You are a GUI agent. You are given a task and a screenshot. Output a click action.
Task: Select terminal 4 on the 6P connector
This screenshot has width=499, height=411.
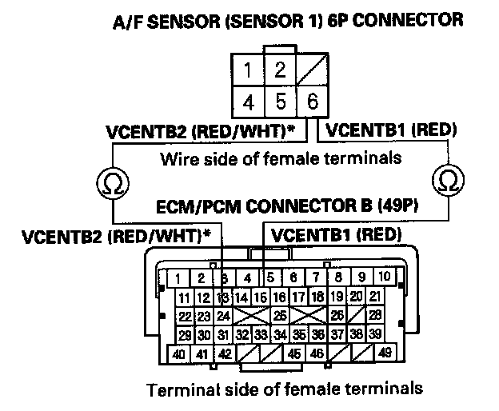click(x=249, y=101)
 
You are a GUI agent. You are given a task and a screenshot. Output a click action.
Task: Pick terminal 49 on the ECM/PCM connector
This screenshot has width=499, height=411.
click(x=384, y=353)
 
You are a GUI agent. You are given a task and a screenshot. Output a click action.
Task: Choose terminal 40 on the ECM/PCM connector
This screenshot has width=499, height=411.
click(x=179, y=353)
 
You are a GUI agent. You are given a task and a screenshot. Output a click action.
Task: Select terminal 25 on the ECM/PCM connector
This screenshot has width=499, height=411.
click(x=280, y=316)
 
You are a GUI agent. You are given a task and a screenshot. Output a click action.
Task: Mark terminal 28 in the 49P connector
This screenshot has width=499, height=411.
click(x=374, y=316)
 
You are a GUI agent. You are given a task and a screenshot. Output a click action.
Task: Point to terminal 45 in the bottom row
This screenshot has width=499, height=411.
click(x=295, y=353)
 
